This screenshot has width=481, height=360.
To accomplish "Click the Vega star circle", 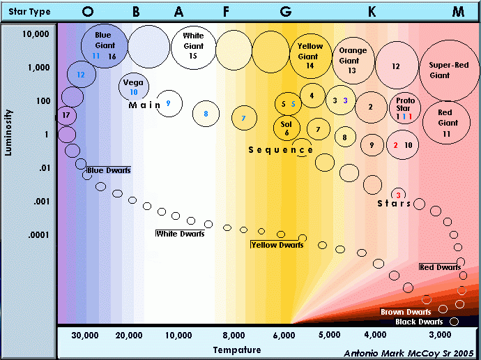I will coord(133,87).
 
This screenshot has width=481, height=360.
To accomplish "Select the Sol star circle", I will coord(287,128).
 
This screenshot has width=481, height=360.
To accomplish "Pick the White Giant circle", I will coord(193,46).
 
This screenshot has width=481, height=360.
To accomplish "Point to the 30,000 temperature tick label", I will coord(85,336).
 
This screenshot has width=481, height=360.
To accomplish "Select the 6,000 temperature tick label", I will coord(284,336).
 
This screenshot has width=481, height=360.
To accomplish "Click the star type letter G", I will coord(286,11).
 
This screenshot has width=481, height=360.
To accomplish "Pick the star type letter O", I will coord(88,11).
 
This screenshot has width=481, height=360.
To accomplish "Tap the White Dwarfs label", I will coord(180,234).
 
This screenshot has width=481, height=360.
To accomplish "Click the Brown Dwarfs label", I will coord(405,312).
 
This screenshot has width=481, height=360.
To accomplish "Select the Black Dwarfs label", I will coord(419,322).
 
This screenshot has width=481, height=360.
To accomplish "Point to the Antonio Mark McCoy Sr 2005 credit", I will coord(409,354).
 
